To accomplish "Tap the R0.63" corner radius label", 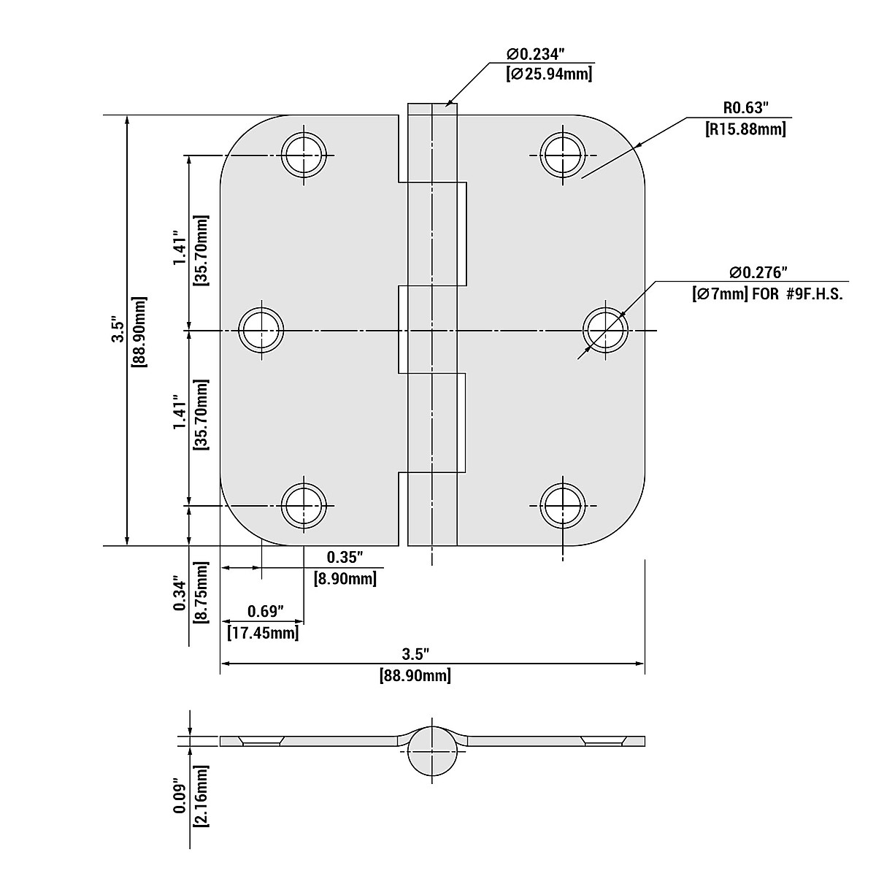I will (x=746, y=108).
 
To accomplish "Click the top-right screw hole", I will (x=562, y=155).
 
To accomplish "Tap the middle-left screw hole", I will (x=262, y=331).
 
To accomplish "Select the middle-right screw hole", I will (x=605, y=331).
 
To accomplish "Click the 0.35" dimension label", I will (x=345, y=558).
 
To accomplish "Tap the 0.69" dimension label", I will (x=266, y=610).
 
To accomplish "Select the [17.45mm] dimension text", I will (x=263, y=632).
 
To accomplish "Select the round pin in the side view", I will (x=432, y=752).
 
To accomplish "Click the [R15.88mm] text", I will (x=745, y=130).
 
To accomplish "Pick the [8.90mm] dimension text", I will (x=345, y=579).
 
